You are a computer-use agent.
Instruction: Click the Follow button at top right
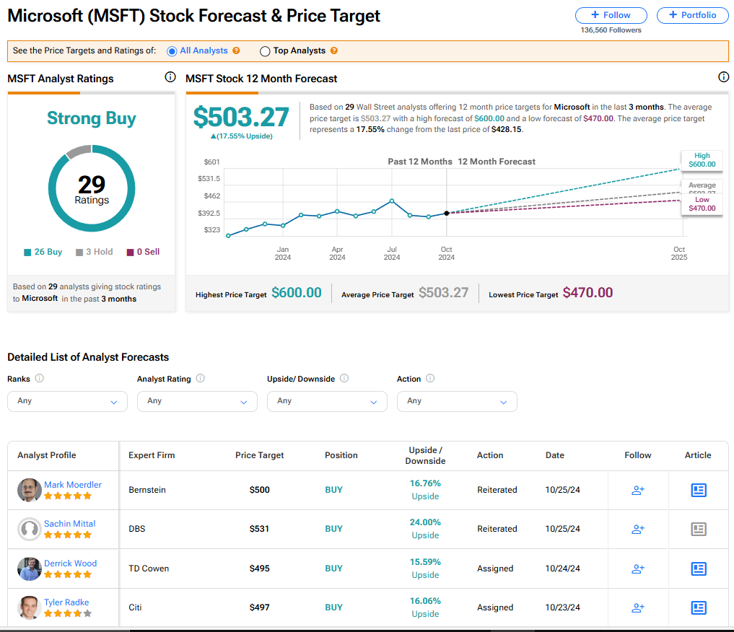tap(611, 15)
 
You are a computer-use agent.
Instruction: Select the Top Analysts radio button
tap(265, 51)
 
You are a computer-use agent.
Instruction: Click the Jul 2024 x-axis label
tap(392, 253)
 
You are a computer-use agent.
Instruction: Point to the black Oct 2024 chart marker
tap(447, 213)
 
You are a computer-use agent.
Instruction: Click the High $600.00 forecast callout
tap(702, 160)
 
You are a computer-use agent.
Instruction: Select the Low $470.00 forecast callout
tap(702, 204)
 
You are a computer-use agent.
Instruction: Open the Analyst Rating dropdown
tap(197, 401)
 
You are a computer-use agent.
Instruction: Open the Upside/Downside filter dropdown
tap(327, 401)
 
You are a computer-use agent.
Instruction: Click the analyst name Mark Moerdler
tap(73, 485)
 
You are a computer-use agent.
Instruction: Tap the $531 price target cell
tap(259, 529)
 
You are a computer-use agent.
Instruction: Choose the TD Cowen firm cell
tap(149, 569)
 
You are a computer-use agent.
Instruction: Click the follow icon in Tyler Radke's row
tap(637, 607)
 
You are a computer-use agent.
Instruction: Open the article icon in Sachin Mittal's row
tap(698, 529)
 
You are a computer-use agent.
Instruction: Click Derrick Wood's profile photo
tap(29, 569)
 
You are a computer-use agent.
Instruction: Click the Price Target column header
tap(259, 455)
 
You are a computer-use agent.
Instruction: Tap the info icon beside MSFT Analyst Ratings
tap(170, 77)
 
